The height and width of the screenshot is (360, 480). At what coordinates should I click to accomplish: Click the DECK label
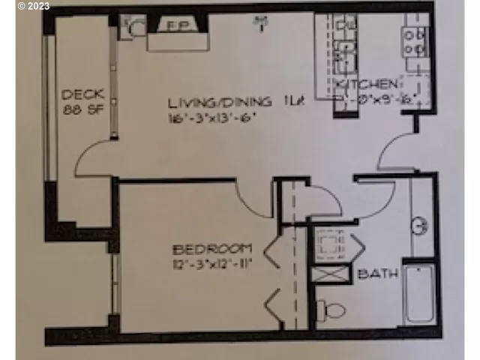point(82,95)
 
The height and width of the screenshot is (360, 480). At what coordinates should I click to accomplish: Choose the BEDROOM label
point(213,249)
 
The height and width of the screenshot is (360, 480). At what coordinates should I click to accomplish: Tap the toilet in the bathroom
point(331,308)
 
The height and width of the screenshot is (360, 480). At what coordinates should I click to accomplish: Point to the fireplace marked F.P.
point(176,26)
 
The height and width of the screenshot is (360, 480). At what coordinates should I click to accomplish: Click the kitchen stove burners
point(413,41)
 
